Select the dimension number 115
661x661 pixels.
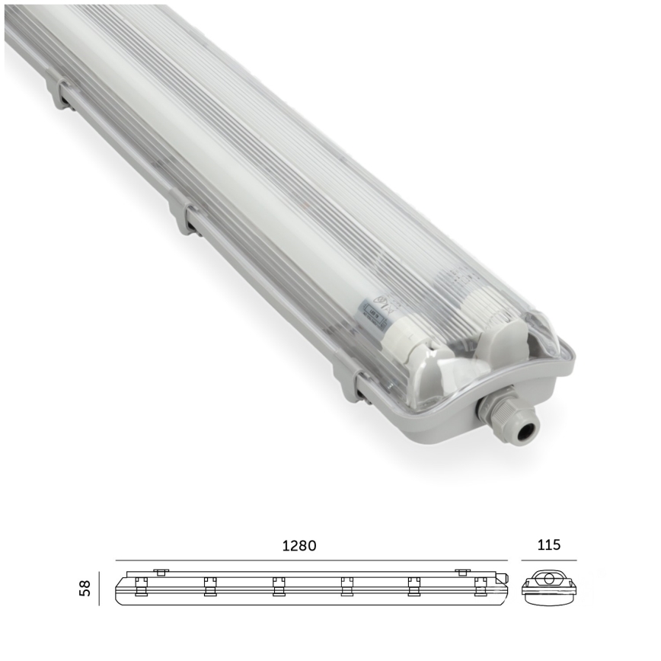(x=548, y=544)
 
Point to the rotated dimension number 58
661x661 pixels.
(x=86, y=588)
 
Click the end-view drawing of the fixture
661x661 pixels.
(x=548, y=586)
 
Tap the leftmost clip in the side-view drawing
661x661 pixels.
(x=140, y=586)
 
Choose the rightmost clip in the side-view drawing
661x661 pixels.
(x=480, y=586)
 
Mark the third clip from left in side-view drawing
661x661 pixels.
(x=278, y=586)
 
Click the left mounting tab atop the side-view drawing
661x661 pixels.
(x=160, y=571)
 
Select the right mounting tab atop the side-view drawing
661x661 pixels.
(x=462, y=571)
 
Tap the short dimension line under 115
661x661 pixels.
(x=548, y=560)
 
